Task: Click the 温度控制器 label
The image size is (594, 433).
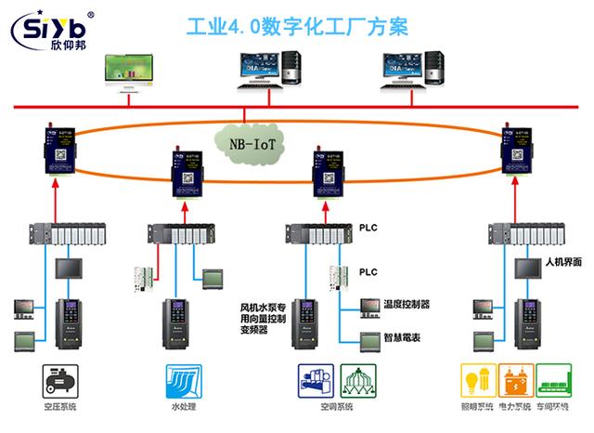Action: click(x=406, y=304)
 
